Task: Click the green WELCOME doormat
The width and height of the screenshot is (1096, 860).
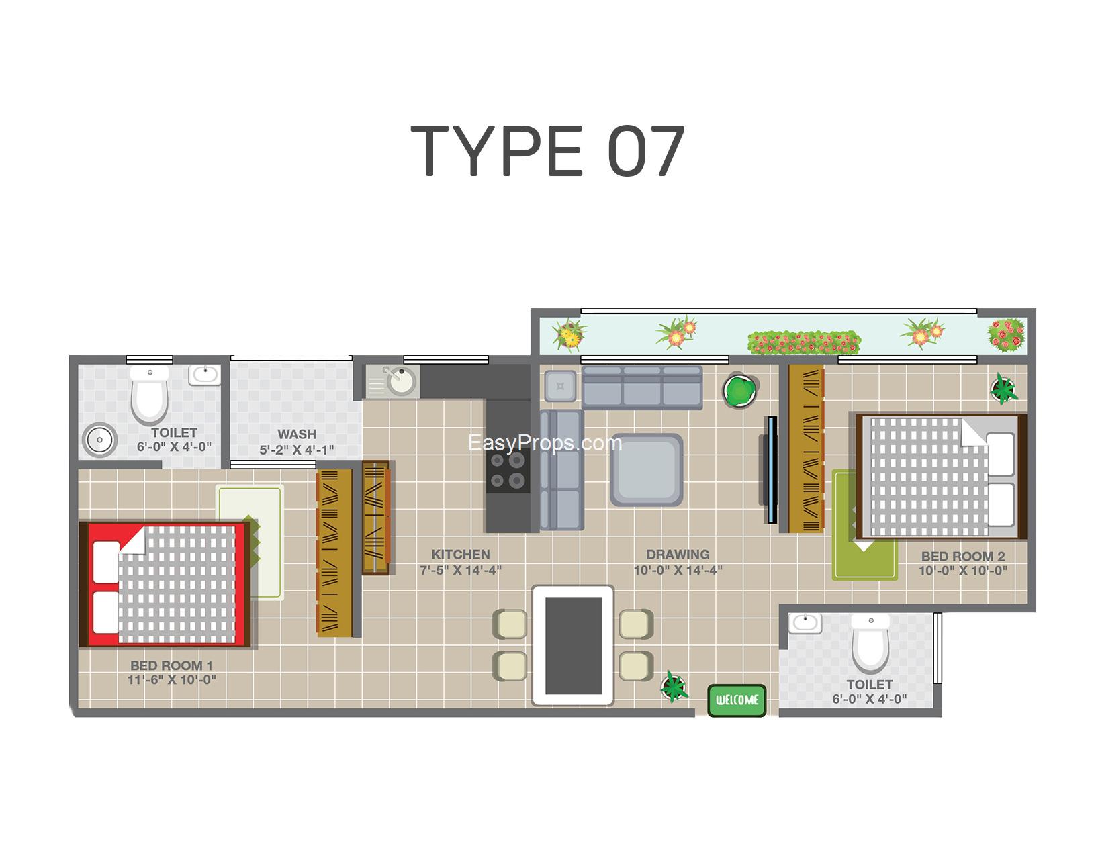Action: point(737,700)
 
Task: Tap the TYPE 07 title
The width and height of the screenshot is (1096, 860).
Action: point(548,151)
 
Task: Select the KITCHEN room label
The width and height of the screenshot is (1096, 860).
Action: point(461,555)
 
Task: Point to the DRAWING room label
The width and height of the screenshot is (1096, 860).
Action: point(678,555)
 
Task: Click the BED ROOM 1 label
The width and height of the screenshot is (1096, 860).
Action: point(171,665)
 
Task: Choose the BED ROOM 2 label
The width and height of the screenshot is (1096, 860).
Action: point(963,557)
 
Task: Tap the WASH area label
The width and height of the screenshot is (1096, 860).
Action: point(297,434)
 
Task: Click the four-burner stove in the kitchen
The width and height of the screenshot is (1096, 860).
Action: point(508,471)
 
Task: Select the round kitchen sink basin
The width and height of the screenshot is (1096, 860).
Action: point(401,381)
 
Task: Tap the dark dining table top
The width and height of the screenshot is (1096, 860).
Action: point(574,646)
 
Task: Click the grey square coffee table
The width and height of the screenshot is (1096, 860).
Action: point(647,470)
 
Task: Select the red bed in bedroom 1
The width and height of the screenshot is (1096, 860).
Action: point(165,584)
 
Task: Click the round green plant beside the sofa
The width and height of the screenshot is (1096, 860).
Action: point(740,391)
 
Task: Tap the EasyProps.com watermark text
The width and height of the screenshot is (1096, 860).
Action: point(545,444)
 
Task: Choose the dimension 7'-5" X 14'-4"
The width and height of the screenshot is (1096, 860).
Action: point(461,570)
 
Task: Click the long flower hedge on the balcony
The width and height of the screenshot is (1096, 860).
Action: point(804,343)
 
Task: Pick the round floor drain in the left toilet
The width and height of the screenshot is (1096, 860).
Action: point(100,440)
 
